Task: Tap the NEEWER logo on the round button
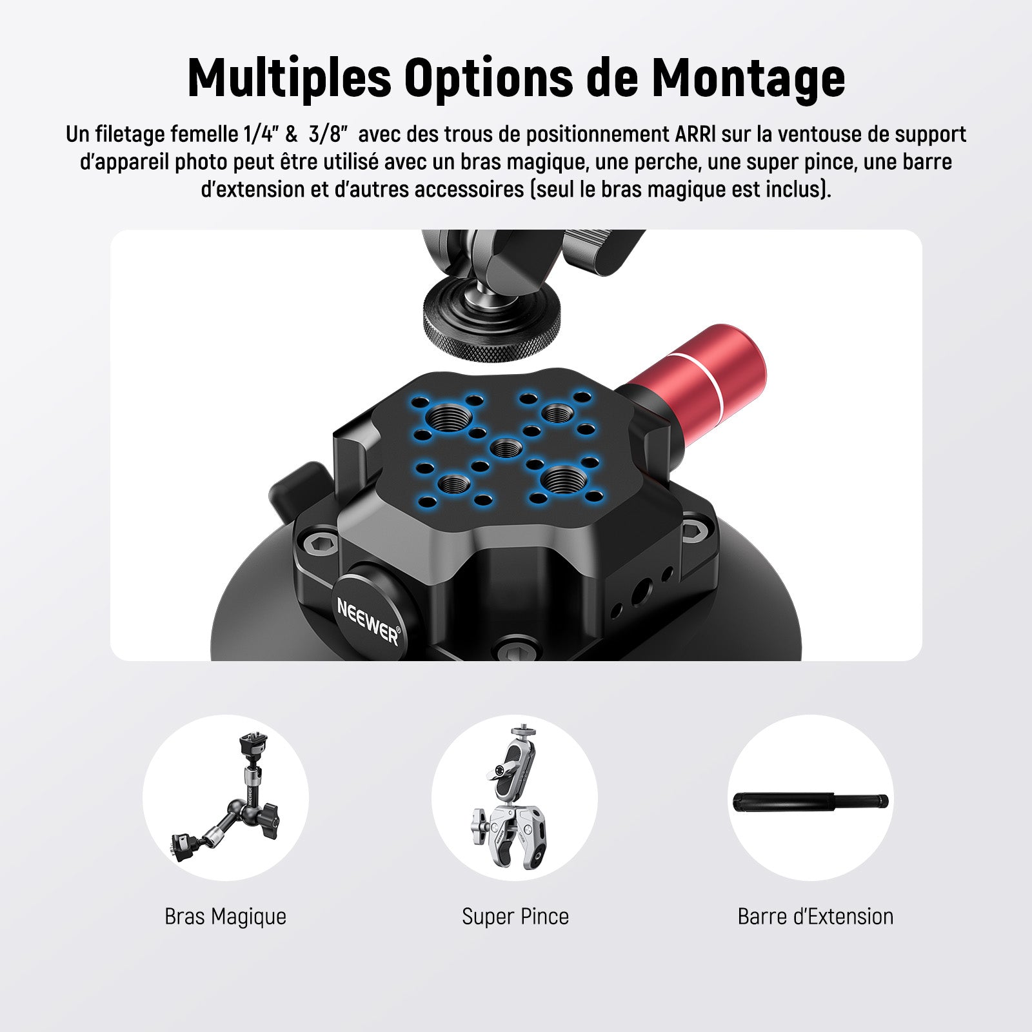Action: click(368, 618)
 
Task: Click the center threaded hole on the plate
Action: click(506, 446)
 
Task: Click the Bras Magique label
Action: click(225, 917)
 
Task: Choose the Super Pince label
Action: click(515, 917)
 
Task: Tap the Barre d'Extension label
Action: click(815, 917)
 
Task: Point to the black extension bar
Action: click(811, 802)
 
